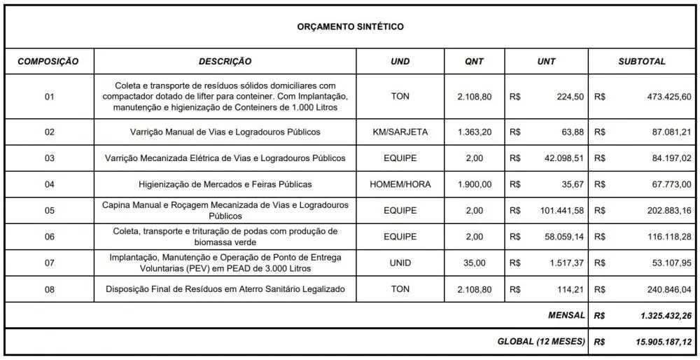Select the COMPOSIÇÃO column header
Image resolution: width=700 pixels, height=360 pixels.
point(48,62)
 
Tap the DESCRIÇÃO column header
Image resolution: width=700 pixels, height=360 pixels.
point(225,62)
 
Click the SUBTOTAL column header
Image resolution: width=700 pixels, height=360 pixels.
point(641,62)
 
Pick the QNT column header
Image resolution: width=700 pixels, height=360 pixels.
point(474,62)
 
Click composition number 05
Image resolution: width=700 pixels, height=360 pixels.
point(49,211)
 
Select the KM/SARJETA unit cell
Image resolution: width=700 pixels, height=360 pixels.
point(400,132)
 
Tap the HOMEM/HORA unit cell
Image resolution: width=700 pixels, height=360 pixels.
point(400,184)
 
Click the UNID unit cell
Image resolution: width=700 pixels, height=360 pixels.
point(400,263)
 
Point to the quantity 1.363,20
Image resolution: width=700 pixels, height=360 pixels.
point(474,132)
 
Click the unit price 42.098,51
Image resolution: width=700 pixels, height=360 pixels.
point(563,158)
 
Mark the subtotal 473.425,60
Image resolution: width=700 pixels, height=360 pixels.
point(668,97)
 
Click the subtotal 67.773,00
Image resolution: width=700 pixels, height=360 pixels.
point(671,184)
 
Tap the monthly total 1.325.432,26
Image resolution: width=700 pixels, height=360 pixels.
point(665,316)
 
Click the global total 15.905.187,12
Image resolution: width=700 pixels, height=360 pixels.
point(662,342)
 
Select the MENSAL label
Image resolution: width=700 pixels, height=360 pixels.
point(566,316)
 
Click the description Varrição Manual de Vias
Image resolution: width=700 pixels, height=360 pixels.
point(225,132)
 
